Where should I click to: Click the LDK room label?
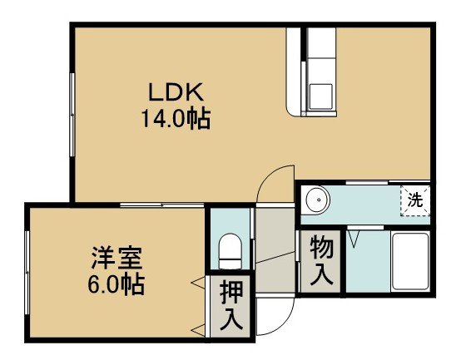pos(176,92)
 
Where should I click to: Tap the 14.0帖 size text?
pos(176,118)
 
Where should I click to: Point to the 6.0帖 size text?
pos(116,284)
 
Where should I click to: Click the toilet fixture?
pos(230,251)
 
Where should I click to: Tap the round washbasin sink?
pos(315,200)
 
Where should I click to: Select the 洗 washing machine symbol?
pos(415,200)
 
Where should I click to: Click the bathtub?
pos(410,261)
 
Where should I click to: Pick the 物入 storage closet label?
pos(321,260)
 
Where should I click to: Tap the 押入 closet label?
pos(231,306)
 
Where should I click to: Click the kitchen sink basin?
pos(320,96)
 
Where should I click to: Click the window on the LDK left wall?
pos(72,115)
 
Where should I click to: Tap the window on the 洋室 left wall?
pos(27,273)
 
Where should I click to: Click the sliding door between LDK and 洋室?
pos(162,205)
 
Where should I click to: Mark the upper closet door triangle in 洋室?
pos(198,282)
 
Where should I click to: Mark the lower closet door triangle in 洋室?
pos(198,331)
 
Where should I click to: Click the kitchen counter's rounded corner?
pos(290,112)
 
